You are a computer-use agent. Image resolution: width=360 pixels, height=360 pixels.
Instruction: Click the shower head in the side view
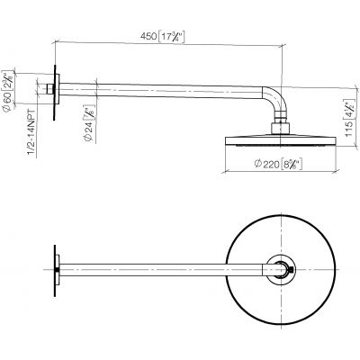point(281,139)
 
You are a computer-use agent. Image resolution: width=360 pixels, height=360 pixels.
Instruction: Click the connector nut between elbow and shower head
point(282,122)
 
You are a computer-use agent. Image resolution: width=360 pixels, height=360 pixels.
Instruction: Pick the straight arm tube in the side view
point(162,88)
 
